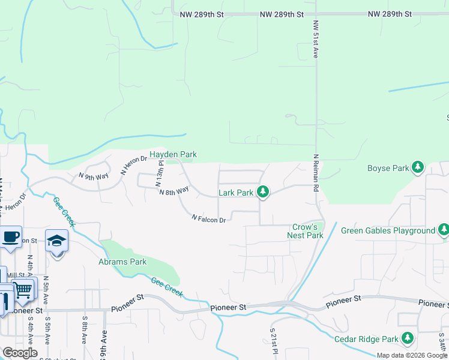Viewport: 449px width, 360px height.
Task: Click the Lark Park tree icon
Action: tap(262, 192)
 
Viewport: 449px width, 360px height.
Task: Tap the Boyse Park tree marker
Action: tap(419, 168)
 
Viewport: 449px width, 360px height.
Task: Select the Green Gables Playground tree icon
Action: tap(444, 230)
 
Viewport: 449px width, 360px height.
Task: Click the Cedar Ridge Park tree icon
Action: tap(408, 338)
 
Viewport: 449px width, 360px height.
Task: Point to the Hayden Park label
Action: tap(173, 154)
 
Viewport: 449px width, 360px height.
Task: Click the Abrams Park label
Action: tap(122, 262)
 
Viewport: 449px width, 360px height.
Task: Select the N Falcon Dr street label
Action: tap(208, 219)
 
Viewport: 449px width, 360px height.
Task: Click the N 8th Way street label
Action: tap(174, 191)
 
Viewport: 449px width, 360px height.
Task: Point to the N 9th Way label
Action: tap(94, 177)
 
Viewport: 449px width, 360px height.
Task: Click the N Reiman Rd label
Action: tap(316, 173)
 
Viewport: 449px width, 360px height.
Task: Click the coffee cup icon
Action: tap(10, 236)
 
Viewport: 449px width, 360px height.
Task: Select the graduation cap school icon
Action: tap(56, 241)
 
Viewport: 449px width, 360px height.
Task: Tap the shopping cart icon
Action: tap(23, 290)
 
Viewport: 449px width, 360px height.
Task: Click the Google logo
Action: tap(20, 353)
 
